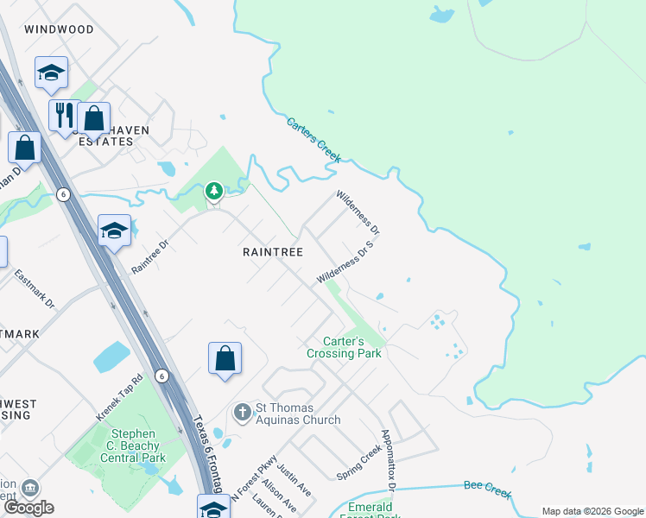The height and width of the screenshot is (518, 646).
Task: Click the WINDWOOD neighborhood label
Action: point(59,29)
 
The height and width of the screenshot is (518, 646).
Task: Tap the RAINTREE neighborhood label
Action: point(273,252)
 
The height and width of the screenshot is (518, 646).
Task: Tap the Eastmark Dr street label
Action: point(35,290)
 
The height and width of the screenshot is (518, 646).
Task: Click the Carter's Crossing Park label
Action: point(344,347)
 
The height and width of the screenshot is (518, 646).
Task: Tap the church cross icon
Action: point(243,411)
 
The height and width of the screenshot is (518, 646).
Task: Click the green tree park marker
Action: point(214,191)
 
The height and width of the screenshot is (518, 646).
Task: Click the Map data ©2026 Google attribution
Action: point(592,511)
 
